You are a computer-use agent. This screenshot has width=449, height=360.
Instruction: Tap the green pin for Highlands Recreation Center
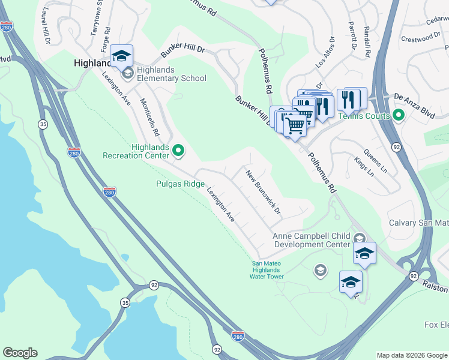click(178, 150)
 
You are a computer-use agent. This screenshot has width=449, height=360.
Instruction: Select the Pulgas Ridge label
click(179, 184)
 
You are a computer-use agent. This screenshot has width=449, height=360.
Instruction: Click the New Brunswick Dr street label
click(264, 192)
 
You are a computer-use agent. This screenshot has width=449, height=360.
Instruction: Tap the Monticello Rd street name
click(149, 117)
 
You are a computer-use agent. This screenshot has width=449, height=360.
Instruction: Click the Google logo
click(20, 353)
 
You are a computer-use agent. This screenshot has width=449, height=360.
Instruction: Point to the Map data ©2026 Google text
click(412, 355)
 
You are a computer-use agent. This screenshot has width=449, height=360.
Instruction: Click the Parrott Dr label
click(353, 37)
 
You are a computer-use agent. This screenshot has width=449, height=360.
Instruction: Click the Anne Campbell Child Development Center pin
click(359, 238)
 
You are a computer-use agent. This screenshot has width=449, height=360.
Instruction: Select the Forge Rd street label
click(107, 38)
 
